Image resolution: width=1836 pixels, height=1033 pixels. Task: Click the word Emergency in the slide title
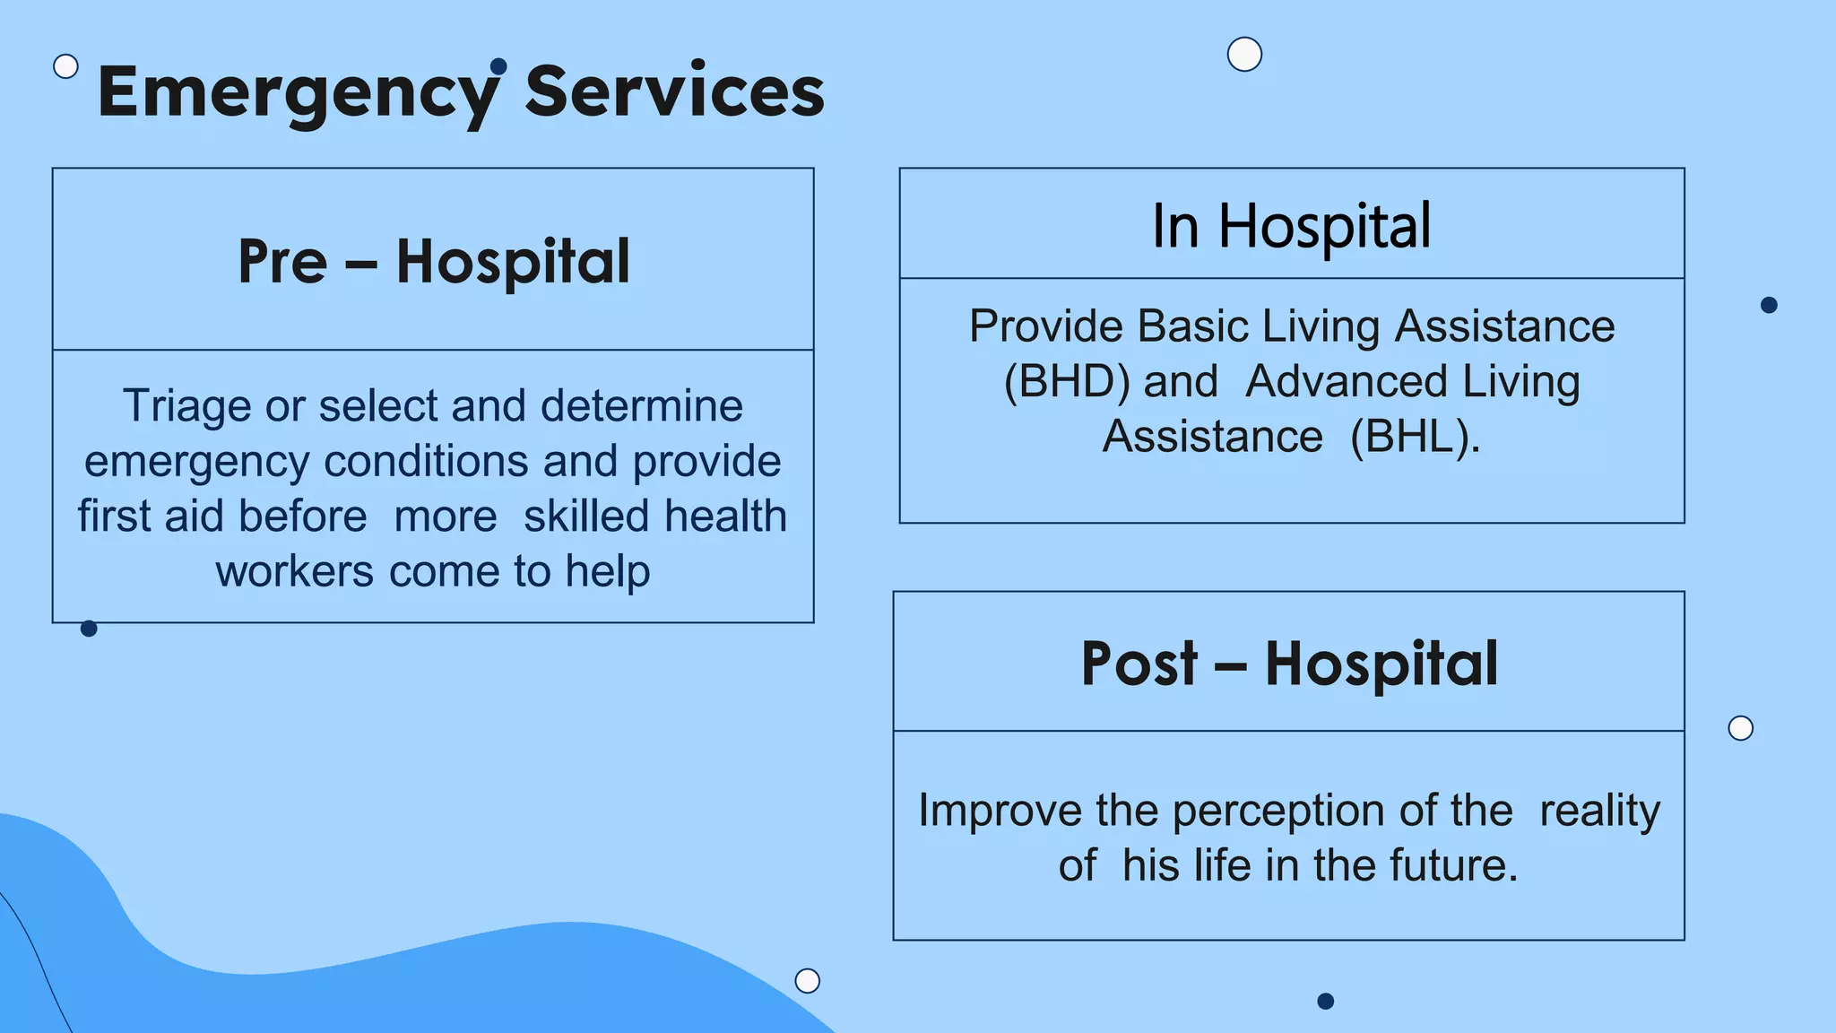click(x=298, y=93)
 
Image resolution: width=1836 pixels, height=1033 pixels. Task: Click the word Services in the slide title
click(x=674, y=91)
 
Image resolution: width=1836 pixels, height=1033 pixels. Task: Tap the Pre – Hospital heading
click(x=434, y=262)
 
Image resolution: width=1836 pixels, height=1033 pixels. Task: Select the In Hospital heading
click(x=1291, y=226)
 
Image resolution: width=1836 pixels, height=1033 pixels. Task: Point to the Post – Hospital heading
click(x=1289, y=664)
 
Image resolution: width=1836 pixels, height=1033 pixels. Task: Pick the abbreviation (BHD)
click(x=1066, y=381)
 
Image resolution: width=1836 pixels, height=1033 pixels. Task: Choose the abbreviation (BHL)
click(x=1414, y=437)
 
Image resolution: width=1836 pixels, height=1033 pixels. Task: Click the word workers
click(x=294, y=571)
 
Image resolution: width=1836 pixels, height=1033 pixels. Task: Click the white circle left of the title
click(x=65, y=66)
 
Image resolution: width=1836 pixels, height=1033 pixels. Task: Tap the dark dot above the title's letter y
click(x=499, y=65)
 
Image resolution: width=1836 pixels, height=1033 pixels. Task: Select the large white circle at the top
click(x=1244, y=55)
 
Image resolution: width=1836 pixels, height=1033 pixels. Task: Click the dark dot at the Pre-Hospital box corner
click(x=89, y=629)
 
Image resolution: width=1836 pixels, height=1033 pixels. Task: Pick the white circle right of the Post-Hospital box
click(x=1740, y=728)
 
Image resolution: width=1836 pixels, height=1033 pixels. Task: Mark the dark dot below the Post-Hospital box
click(x=1326, y=1001)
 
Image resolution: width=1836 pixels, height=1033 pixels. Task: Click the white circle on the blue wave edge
click(x=808, y=980)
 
